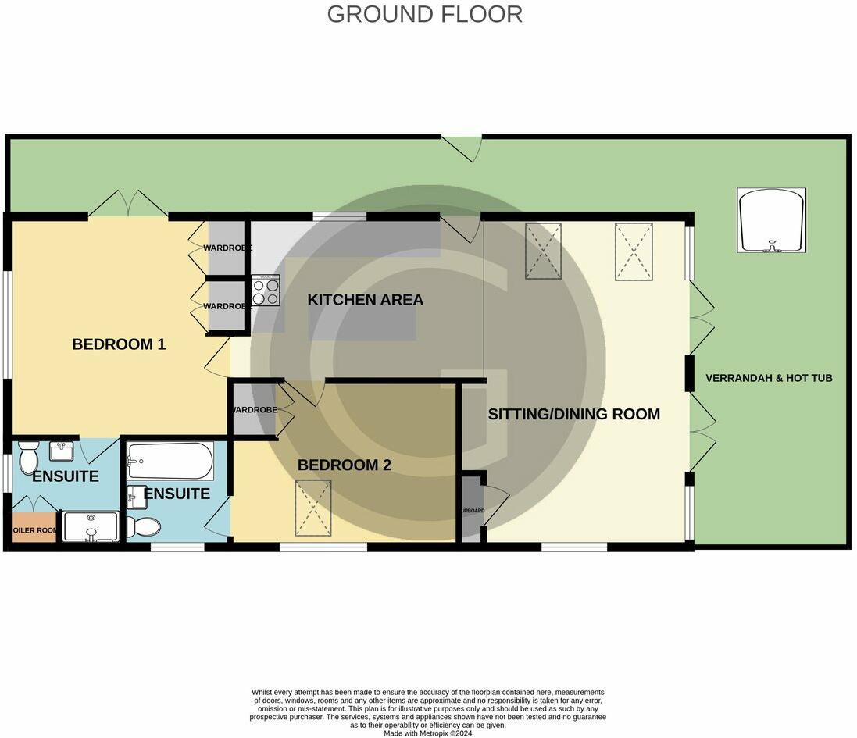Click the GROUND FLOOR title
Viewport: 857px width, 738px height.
pos(424,14)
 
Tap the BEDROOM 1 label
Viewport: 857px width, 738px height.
pos(119,344)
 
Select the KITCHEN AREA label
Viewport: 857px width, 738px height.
pos(365,300)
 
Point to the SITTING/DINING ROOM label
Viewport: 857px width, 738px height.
pos(573,414)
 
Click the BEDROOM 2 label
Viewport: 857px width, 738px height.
pos(344,465)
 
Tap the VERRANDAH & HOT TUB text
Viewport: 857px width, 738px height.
pos(769,378)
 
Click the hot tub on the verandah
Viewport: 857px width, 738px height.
pos(771,220)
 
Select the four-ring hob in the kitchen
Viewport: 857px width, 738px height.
pos(266,291)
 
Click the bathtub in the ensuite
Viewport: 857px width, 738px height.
pos(170,462)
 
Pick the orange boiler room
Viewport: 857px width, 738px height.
pos(34,529)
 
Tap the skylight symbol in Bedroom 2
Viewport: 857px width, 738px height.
pos(312,508)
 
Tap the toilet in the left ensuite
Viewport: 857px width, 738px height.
pos(28,455)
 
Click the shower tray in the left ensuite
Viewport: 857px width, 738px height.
pos(91,526)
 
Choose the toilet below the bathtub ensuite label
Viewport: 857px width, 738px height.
pos(143,526)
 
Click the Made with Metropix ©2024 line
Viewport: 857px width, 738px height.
pos(427,733)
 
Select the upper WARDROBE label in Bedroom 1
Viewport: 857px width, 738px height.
pos(227,248)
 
